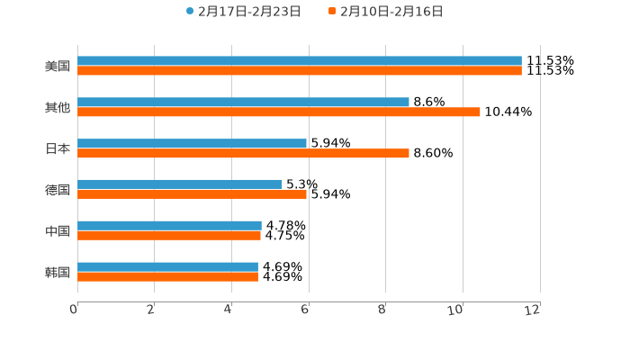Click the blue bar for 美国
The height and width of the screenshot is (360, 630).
tap(300, 61)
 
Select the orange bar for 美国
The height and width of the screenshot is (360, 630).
tap(300, 71)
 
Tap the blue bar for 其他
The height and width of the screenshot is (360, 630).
tap(243, 102)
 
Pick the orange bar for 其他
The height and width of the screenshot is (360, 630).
tap(279, 112)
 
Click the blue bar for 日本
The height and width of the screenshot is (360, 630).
tap(192, 143)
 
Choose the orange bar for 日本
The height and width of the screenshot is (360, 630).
tap(243, 153)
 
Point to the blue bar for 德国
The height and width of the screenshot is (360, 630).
tap(180, 184)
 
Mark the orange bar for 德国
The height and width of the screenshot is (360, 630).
tap(192, 194)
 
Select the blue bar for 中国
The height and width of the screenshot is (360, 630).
tap(169, 225)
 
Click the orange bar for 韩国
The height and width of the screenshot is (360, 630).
tap(167, 276)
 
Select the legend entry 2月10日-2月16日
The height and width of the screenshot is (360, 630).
tap(391, 12)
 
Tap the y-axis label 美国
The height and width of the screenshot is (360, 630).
tap(58, 66)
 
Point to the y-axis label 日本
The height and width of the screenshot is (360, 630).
tap(58, 148)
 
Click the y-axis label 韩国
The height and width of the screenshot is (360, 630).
tap(58, 272)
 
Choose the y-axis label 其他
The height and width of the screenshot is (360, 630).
tap(58, 107)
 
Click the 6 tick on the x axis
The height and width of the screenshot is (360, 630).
tap(305, 310)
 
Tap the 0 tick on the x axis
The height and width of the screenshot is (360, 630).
tap(74, 310)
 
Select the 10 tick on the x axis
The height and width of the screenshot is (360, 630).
tap(456, 310)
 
